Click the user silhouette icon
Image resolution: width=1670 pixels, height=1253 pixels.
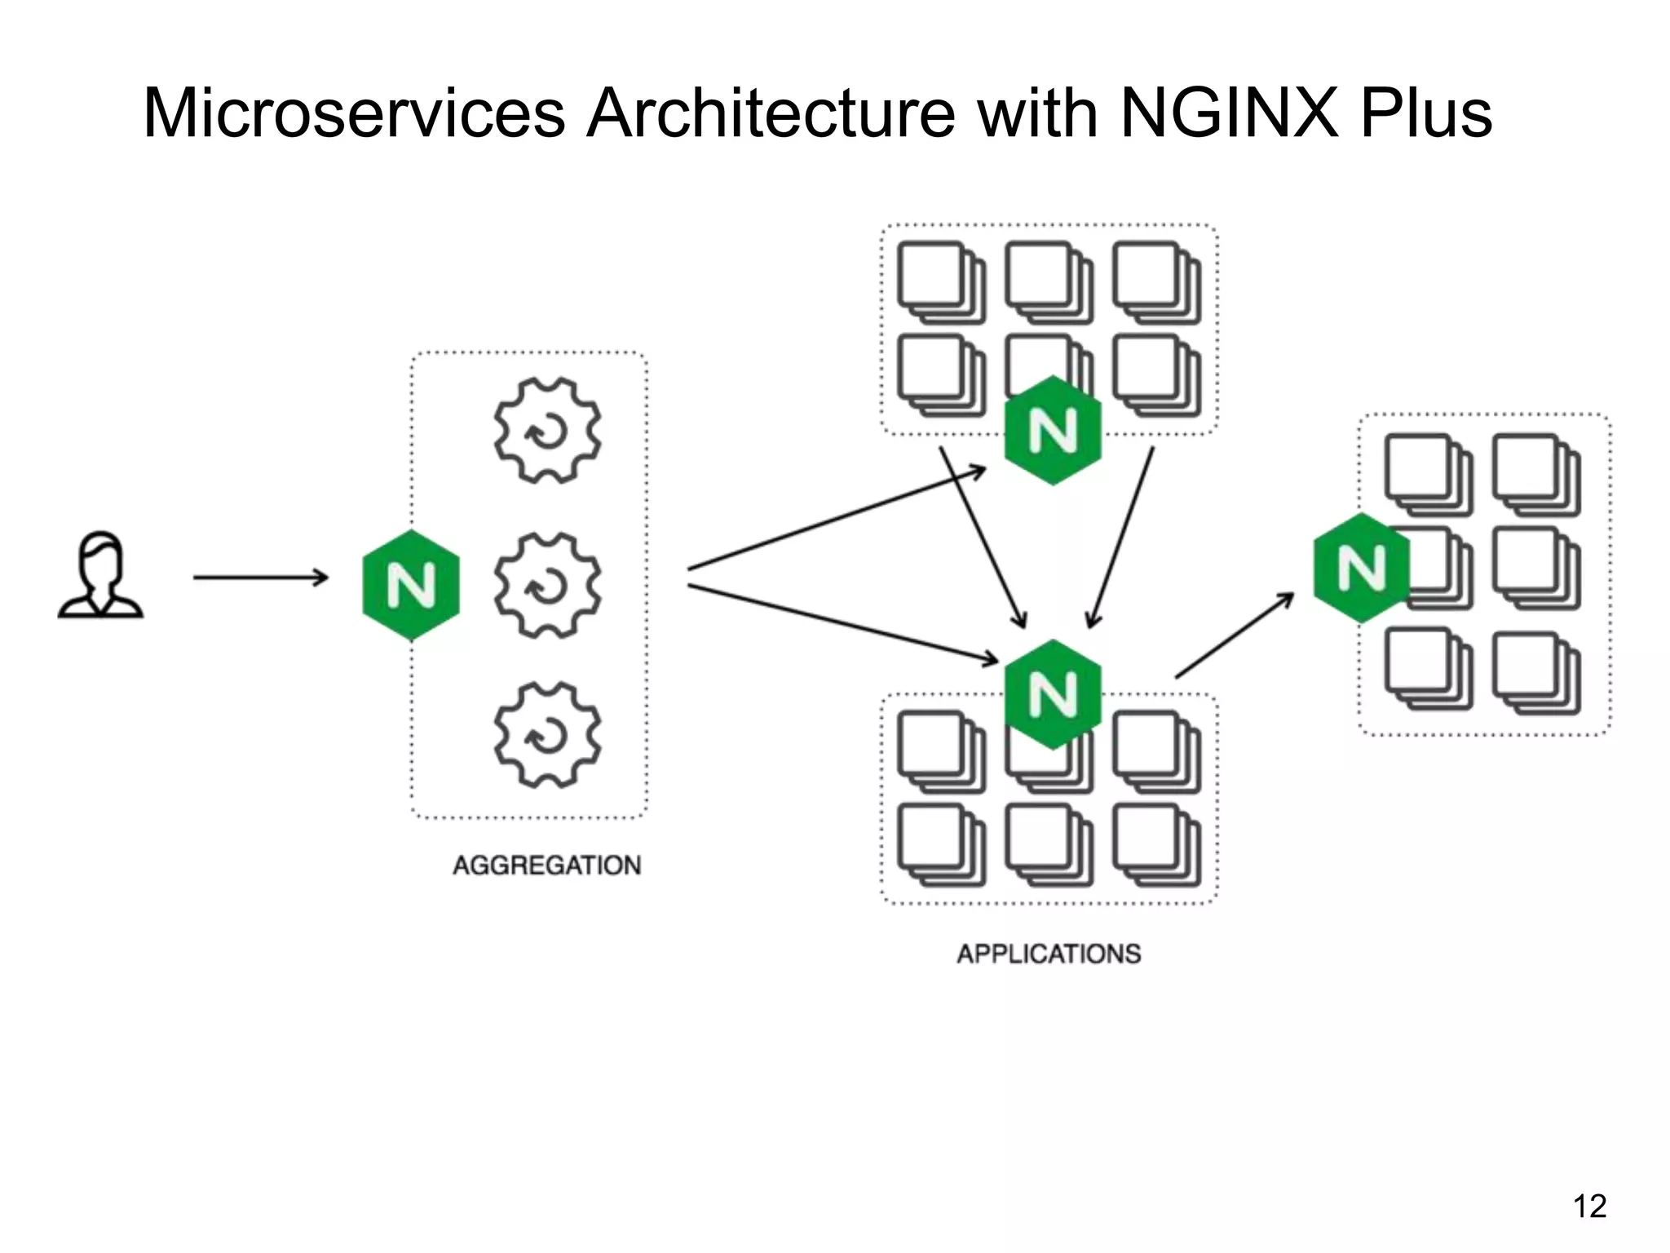point(100,576)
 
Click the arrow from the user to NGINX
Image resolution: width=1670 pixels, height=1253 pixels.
point(260,578)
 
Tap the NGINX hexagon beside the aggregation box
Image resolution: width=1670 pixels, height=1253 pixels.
point(411,585)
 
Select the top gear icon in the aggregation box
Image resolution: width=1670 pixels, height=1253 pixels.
point(547,430)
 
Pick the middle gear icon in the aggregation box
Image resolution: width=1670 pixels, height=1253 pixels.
point(547,584)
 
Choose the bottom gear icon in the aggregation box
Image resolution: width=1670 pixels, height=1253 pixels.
point(547,735)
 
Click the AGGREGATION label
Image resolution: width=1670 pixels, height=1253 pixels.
point(546,865)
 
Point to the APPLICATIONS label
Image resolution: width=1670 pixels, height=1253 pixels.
point(1049,954)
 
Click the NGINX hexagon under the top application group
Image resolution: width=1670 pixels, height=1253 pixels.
point(1053,431)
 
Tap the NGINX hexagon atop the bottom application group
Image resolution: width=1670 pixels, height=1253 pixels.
point(1053,694)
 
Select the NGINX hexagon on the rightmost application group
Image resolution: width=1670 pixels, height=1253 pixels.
point(1362,568)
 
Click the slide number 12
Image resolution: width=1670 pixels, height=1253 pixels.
point(1589,1206)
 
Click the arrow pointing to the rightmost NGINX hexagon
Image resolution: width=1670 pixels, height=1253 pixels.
point(1235,635)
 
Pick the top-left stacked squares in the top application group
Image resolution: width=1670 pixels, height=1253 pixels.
point(941,282)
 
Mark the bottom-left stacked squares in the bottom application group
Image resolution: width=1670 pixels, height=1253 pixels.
point(941,845)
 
